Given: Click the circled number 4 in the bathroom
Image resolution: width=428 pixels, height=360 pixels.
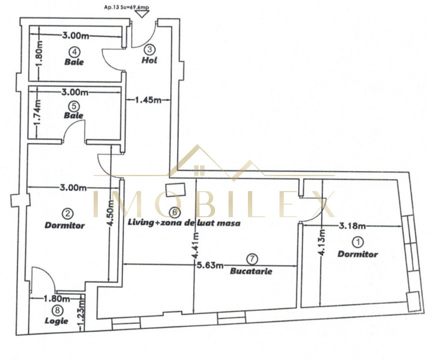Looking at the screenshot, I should (73, 51).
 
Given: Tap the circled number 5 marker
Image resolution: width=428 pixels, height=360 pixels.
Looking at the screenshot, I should (73, 105).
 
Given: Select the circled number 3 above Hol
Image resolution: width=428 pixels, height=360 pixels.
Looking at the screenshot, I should (149, 49).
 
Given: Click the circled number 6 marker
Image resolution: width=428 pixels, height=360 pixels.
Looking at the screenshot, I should (173, 212).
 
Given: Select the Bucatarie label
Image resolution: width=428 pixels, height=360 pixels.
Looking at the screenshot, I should (251, 271).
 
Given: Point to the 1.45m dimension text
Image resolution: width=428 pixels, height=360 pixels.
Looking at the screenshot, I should (147, 100).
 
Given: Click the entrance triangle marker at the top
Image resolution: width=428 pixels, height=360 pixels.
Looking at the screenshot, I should (144, 14).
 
